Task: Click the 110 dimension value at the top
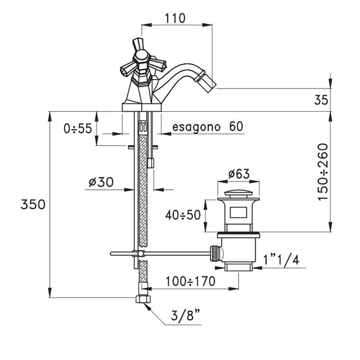[175, 18]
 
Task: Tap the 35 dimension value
[321, 100]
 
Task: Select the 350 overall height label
[33, 204]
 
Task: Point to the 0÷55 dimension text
[78, 129]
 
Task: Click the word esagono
[196, 127]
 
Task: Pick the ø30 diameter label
[101, 182]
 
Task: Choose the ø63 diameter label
[239, 174]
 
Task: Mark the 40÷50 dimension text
[183, 215]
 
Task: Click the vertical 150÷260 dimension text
[323, 172]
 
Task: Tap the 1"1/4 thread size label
[281, 261]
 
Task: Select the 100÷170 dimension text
[191, 281]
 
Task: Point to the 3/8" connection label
[185, 315]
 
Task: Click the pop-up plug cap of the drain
[239, 193]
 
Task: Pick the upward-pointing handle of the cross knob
[137, 45]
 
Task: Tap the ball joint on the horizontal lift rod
[140, 254]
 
